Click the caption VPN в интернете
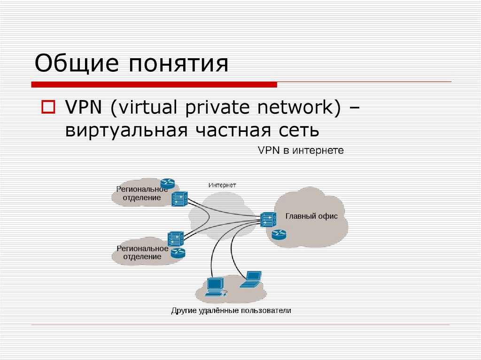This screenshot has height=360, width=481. pyautogui.click(x=301, y=151)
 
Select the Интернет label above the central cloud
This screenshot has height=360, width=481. pyautogui.click(x=222, y=185)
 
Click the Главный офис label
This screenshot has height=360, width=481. pyautogui.click(x=311, y=216)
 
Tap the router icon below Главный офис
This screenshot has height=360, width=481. pyautogui.click(x=279, y=233)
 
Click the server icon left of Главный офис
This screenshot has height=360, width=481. pyautogui.click(x=268, y=218)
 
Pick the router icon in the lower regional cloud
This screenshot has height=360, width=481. pyautogui.click(x=178, y=253)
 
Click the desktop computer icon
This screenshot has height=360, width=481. pyautogui.click(x=216, y=286)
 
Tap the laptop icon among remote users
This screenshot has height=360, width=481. pyautogui.click(x=250, y=279)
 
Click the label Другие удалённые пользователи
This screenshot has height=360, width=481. pyautogui.click(x=231, y=310)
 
